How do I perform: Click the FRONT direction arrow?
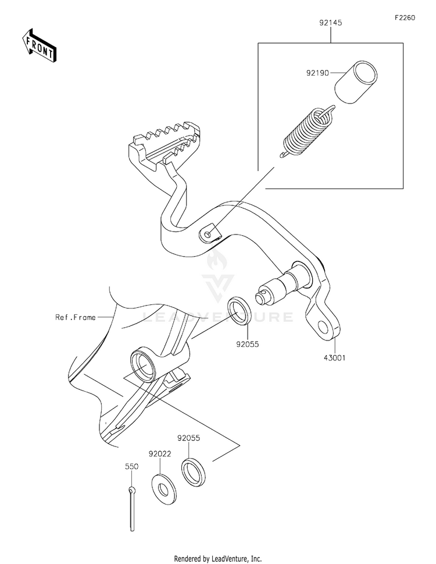pyautogui.click(x=40, y=45)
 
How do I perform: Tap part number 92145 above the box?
pyautogui.click(x=330, y=24)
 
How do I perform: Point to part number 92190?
pyautogui.click(x=317, y=74)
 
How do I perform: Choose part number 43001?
pyautogui.click(x=334, y=359)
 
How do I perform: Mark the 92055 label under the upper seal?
pyautogui.click(x=246, y=344)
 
